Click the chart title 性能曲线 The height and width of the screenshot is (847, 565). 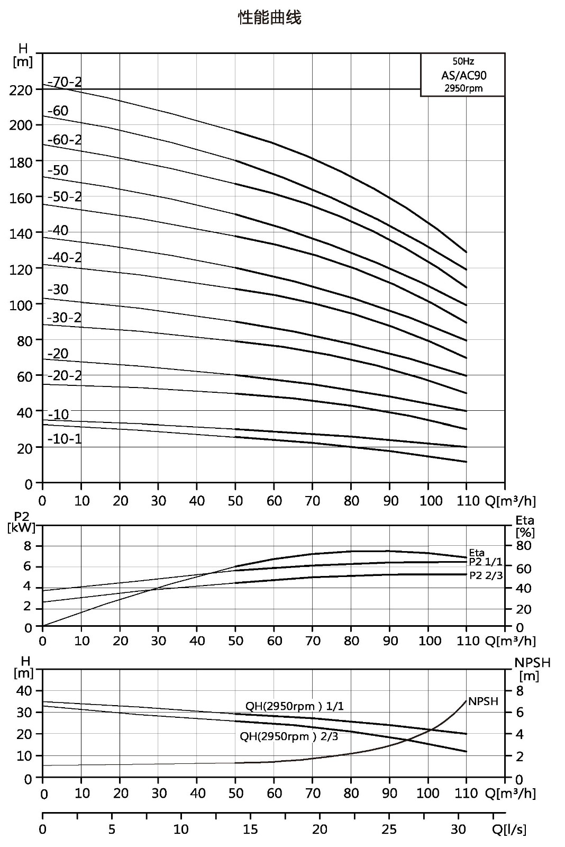pyautogui.click(x=269, y=17)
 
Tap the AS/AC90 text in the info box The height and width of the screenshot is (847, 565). pyautogui.click(x=464, y=75)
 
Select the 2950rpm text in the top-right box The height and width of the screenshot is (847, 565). pyautogui.click(x=463, y=88)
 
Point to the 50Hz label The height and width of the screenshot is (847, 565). pyautogui.click(x=463, y=61)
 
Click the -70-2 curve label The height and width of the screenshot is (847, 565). pyautogui.click(x=65, y=82)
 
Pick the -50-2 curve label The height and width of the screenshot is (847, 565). pyautogui.click(x=65, y=196)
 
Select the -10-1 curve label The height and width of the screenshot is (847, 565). pyautogui.click(x=65, y=439)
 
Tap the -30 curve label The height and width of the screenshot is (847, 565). pyautogui.click(x=58, y=289)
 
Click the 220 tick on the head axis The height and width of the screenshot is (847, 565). pyautogui.click(x=21, y=90)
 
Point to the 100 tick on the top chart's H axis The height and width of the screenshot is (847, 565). pyautogui.click(x=21, y=304)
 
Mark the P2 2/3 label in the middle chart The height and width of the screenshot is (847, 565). pyautogui.click(x=486, y=575)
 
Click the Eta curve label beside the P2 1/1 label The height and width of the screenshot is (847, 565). pyautogui.click(x=477, y=553)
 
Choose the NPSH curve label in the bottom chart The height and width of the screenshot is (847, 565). pyautogui.click(x=484, y=701)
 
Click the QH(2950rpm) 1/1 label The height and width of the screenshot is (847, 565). pyautogui.click(x=295, y=706)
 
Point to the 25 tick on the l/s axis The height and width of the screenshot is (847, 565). pyautogui.click(x=389, y=830)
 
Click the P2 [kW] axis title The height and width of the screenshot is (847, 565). pyautogui.click(x=22, y=522)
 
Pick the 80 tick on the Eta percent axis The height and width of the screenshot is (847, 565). pyautogui.click(x=524, y=546)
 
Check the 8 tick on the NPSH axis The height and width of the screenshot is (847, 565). pyautogui.click(x=520, y=691)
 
